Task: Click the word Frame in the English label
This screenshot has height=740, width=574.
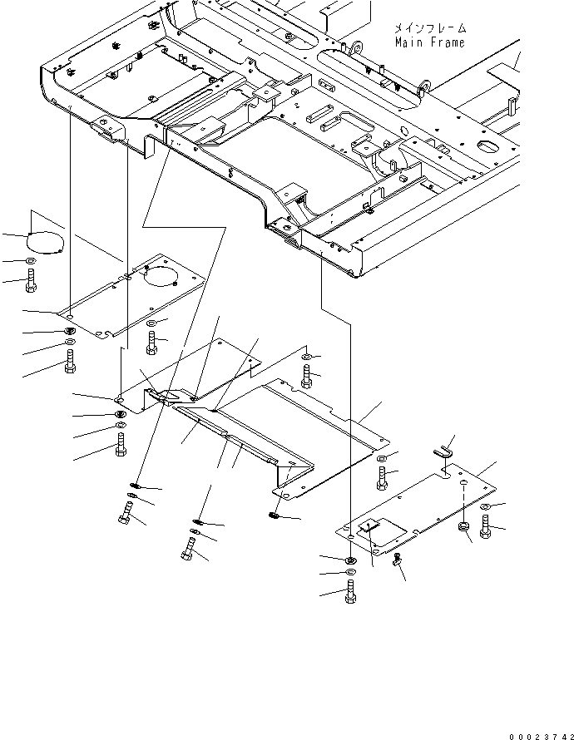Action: point(447,42)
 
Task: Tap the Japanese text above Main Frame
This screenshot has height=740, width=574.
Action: point(430,27)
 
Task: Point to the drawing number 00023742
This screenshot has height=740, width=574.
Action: point(541,736)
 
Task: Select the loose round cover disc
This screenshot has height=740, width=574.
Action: point(45,243)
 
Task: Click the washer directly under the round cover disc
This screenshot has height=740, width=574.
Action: point(31,260)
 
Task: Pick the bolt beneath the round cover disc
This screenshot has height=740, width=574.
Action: point(31,281)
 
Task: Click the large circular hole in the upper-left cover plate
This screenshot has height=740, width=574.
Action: point(159,275)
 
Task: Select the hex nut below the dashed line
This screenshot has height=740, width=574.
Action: point(463,525)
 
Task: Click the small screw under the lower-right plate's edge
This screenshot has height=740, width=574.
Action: point(397,560)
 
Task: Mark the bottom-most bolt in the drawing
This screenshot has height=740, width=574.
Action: point(350,592)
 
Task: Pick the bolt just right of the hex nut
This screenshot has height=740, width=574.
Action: point(485,527)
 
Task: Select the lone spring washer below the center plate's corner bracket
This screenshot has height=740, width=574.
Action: point(275,516)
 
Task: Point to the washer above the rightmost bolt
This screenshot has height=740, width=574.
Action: point(484,507)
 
